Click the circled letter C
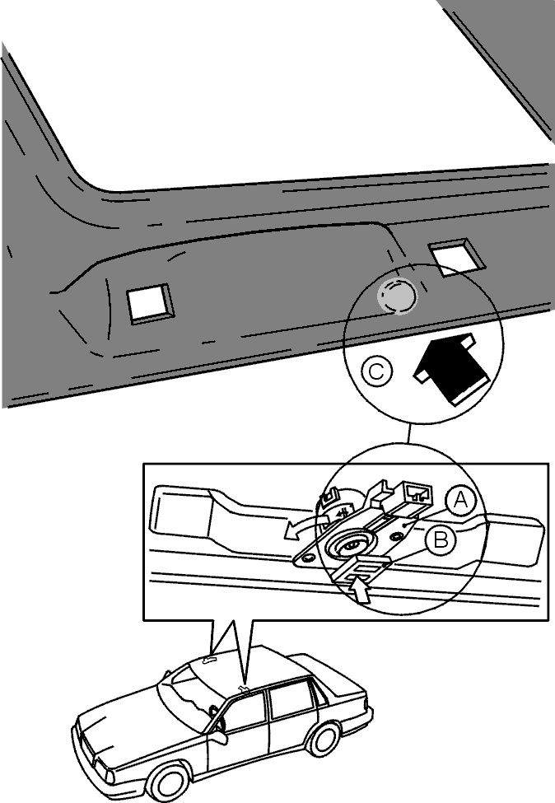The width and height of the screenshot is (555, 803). coord(375,371)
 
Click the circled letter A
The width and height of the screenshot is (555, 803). coord(461,500)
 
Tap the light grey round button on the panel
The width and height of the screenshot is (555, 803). coord(397,295)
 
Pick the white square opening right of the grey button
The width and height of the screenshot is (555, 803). coord(456,257)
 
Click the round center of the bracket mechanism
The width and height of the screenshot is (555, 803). coord(351,545)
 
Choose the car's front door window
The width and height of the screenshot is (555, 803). coord(245,709)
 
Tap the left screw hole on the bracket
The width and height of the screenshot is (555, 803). coord(306,560)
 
